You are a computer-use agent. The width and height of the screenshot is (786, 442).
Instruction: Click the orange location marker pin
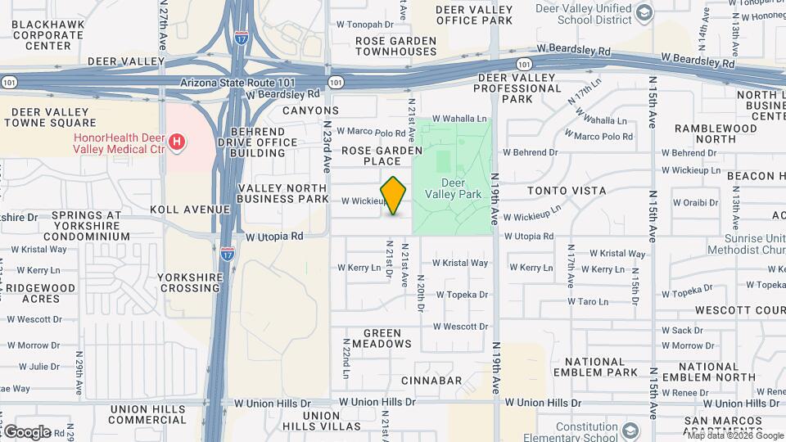click(x=394, y=196)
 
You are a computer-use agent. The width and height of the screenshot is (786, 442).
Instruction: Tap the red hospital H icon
click(x=176, y=144)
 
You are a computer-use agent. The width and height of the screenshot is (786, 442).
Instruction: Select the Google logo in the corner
click(x=26, y=431)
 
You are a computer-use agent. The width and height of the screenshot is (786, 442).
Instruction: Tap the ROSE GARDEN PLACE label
click(x=382, y=156)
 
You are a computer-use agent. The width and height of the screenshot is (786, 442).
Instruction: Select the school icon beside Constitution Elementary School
click(x=630, y=431)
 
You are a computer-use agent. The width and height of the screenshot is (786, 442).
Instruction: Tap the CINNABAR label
click(x=431, y=381)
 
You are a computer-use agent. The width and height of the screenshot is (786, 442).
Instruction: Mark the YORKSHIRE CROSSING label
click(x=190, y=282)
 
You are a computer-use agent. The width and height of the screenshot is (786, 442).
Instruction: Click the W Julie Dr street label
click(x=34, y=367)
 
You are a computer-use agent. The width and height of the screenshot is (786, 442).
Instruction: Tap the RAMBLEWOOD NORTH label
click(x=715, y=134)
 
